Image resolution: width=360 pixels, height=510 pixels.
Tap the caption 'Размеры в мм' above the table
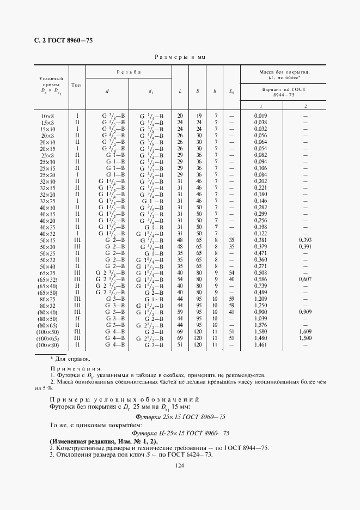point(180,57)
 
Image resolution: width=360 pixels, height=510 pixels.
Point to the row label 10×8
point(48,116)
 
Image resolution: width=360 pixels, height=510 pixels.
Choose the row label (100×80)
point(48,345)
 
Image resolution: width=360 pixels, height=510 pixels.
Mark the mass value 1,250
point(260,305)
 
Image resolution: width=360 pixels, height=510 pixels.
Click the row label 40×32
point(48,233)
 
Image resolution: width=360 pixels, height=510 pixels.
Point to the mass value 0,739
point(260,286)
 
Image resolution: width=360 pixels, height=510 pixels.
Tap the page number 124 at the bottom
point(180,465)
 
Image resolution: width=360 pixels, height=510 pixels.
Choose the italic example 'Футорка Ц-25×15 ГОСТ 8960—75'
point(180,433)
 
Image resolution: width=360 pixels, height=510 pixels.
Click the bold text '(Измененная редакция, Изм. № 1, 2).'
point(103,440)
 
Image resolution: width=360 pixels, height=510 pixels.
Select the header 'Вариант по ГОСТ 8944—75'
point(283,92)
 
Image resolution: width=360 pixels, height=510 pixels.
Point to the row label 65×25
point(48,272)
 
